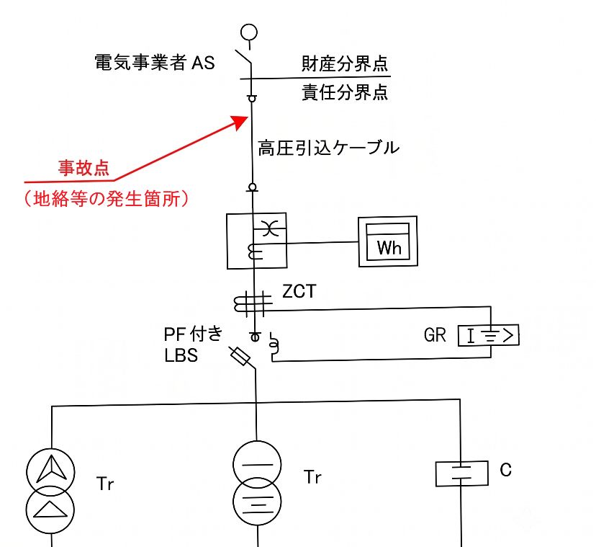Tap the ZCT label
299,291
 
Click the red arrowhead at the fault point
240,122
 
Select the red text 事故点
83,168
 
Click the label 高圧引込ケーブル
328,148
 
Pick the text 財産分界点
344,63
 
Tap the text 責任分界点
345,92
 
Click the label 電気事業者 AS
155,63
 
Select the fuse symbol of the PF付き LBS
240,357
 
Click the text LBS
181,355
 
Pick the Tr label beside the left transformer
105,484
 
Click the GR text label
435,335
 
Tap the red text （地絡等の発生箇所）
107,199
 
